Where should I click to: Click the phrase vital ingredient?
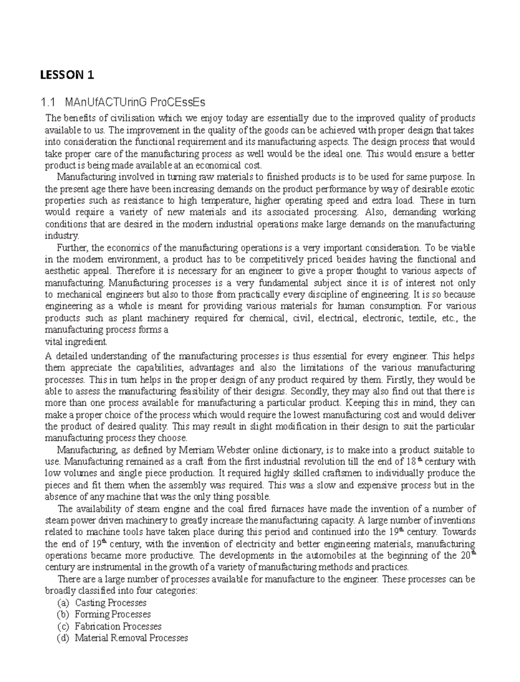tap(76, 341)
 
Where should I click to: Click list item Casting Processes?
tap(110, 603)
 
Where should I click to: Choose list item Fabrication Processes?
tap(118, 626)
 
